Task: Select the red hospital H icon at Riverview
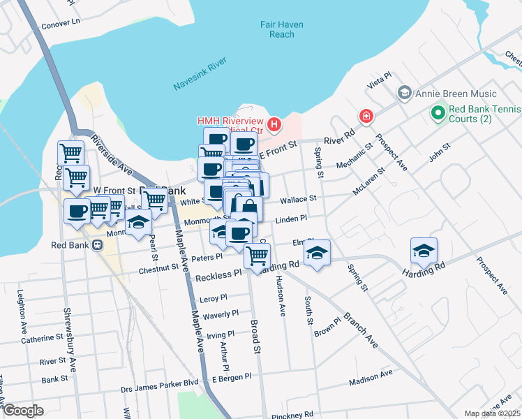[274, 125]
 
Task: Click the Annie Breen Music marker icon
[404, 94]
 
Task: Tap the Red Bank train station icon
[97, 245]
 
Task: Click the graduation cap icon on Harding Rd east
[424, 251]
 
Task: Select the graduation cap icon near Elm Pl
[318, 253]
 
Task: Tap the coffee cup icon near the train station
[77, 212]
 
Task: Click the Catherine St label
[42, 338]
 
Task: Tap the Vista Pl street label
[378, 83]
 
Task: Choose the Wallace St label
[298, 199]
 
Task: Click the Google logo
[23, 411]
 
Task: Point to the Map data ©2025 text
[492, 413]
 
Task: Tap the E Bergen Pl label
[231, 378]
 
